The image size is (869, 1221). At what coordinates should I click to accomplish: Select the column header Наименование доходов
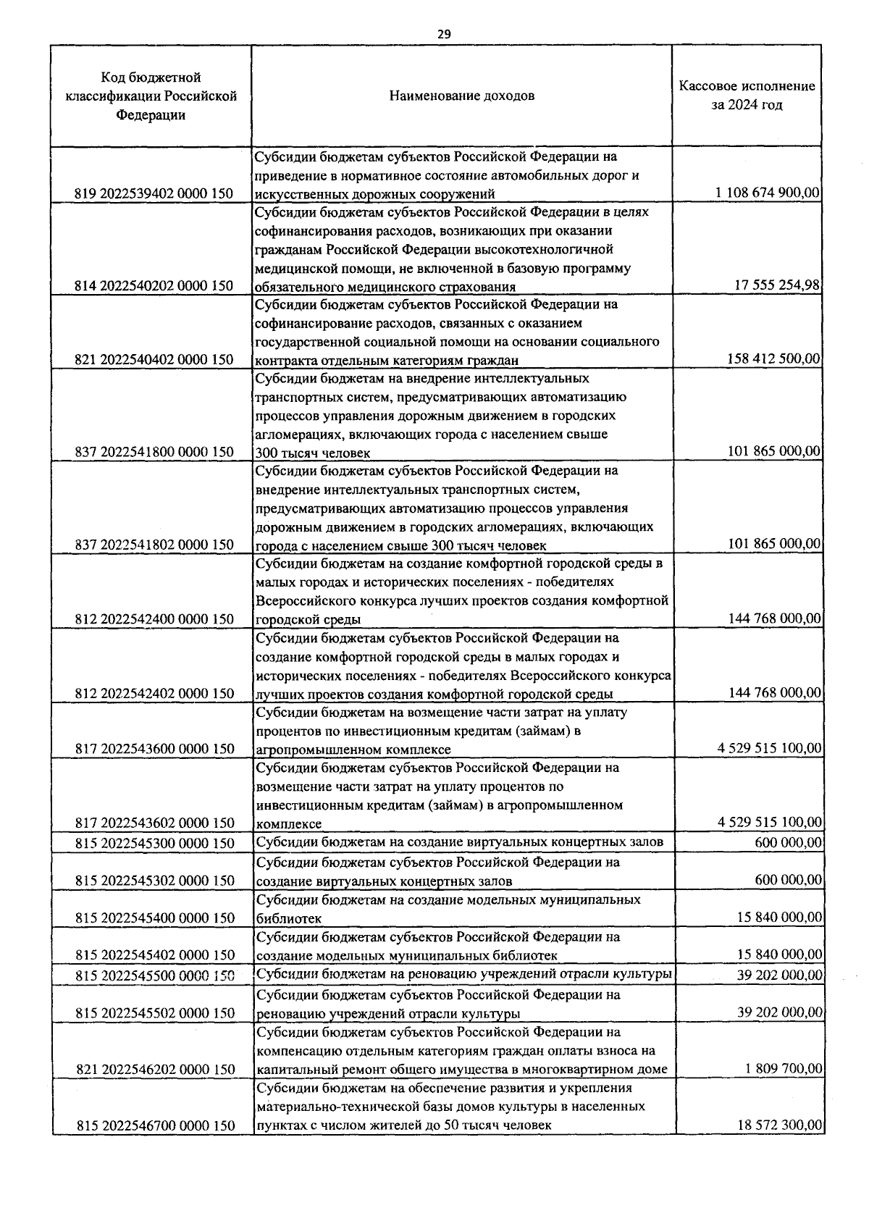click(462, 96)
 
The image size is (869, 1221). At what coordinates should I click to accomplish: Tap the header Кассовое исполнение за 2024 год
click(747, 96)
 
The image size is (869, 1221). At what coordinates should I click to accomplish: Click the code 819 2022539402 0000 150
click(154, 193)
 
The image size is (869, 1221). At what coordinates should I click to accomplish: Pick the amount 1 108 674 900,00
click(768, 193)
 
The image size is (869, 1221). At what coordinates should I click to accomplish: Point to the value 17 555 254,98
click(777, 285)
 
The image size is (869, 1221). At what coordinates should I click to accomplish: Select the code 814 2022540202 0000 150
click(154, 286)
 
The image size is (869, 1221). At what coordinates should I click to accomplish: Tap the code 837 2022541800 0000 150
click(154, 452)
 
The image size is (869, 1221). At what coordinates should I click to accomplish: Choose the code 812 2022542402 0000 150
click(154, 694)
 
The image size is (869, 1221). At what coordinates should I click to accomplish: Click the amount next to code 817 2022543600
click(770, 748)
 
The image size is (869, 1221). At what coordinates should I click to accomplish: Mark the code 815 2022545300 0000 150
click(154, 843)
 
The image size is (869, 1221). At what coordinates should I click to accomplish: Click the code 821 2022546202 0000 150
click(154, 1069)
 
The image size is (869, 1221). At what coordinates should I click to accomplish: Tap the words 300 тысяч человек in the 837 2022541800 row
click(312, 453)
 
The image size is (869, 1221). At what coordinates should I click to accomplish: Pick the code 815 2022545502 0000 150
click(154, 1013)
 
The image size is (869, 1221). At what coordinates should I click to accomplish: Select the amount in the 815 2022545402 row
click(780, 954)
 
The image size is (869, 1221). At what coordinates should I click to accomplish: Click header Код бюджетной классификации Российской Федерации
click(151, 96)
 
